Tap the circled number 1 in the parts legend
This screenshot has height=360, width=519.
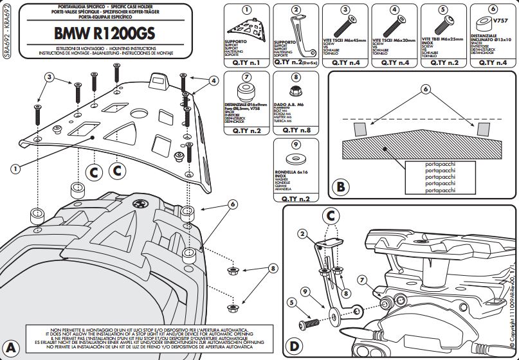[248, 10]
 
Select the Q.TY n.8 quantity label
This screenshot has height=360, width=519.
[297, 130]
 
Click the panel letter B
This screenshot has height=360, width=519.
[341, 188]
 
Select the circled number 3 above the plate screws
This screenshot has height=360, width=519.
[49, 77]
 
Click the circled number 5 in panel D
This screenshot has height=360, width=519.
[291, 302]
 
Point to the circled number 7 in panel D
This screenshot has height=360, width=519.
[362, 280]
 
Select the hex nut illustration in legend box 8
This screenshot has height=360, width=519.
[296, 91]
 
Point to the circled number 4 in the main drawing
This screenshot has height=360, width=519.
[214, 80]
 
